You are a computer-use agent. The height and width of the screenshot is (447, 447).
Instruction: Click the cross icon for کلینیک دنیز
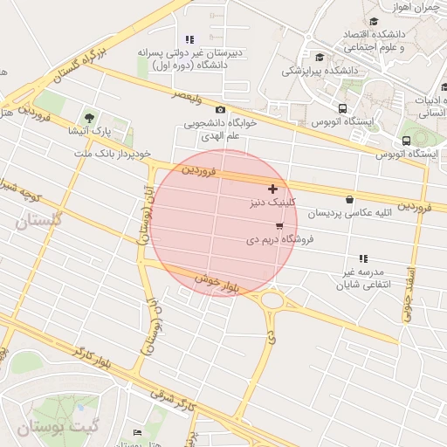click(273, 189)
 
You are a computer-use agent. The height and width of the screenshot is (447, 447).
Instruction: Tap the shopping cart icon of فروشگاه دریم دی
click(279, 225)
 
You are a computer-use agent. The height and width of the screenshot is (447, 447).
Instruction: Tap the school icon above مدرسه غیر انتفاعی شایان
click(363, 258)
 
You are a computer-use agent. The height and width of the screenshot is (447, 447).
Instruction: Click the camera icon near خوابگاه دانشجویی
click(220, 110)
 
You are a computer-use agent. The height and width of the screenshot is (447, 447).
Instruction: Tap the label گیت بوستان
click(50, 427)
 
